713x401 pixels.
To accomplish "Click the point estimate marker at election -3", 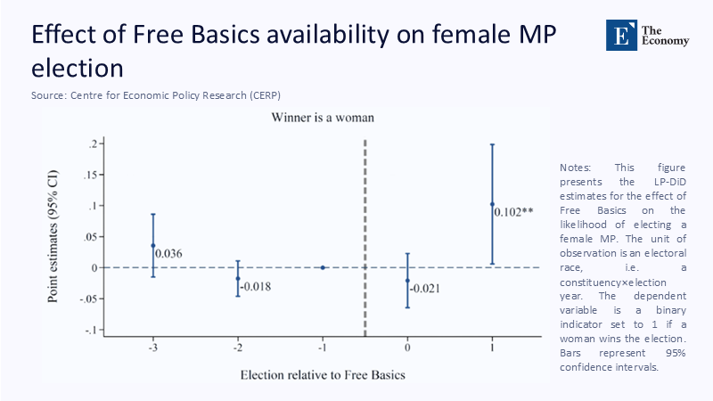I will (153, 245).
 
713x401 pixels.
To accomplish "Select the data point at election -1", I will (323, 267).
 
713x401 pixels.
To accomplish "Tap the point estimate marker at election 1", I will (492, 204).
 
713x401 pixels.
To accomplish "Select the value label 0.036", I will (168, 254).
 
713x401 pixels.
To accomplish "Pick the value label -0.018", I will (255, 286).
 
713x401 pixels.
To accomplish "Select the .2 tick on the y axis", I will (91, 143).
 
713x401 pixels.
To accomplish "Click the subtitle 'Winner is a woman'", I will (323, 117).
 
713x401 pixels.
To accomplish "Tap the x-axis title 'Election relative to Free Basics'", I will (323, 374).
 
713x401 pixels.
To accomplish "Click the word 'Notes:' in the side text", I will (575, 168).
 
